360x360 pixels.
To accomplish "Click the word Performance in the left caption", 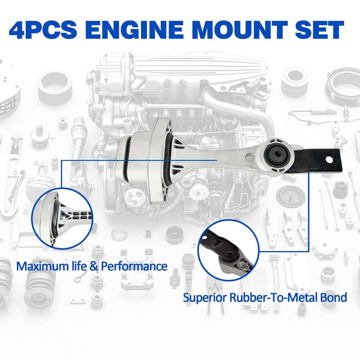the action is [134, 267].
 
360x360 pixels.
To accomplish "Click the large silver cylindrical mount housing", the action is [142, 161].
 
